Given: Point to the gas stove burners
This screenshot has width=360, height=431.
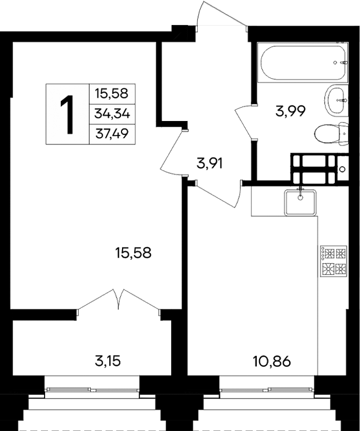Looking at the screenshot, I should [334, 261].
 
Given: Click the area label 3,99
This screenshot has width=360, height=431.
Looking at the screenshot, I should [291, 112].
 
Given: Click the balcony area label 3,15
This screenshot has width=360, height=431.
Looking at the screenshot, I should [106, 360].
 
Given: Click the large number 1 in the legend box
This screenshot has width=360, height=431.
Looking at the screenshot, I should [67, 114].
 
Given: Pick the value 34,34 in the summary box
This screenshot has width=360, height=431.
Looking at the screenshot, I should [112, 114].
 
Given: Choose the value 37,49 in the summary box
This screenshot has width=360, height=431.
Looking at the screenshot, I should [112, 134].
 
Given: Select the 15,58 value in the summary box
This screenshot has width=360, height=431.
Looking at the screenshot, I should [112, 93].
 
